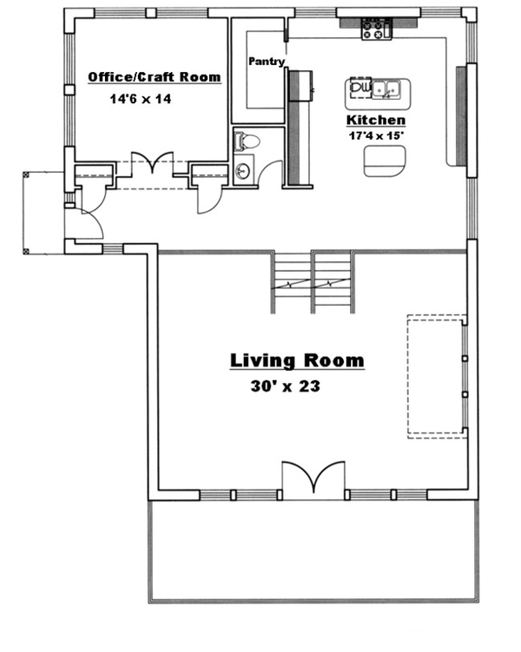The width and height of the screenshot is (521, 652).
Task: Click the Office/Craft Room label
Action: [154, 78]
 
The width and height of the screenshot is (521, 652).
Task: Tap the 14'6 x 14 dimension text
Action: [141, 99]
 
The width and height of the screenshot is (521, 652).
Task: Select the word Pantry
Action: [267, 62]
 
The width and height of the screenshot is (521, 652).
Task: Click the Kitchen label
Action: [376, 120]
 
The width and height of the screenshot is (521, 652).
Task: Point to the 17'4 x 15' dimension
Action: [376, 135]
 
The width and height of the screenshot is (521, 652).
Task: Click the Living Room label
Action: [296, 360]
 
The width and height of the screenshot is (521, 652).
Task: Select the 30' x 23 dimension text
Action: [284, 385]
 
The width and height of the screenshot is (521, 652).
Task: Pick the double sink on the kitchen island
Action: [388, 87]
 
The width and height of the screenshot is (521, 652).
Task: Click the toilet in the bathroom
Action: [247, 140]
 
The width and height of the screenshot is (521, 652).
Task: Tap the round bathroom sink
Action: [242, 171]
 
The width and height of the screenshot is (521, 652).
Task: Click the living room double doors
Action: [313, 480]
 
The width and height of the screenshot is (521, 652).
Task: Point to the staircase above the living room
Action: [313, 282]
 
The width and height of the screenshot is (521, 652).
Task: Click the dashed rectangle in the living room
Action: [436, 373]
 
